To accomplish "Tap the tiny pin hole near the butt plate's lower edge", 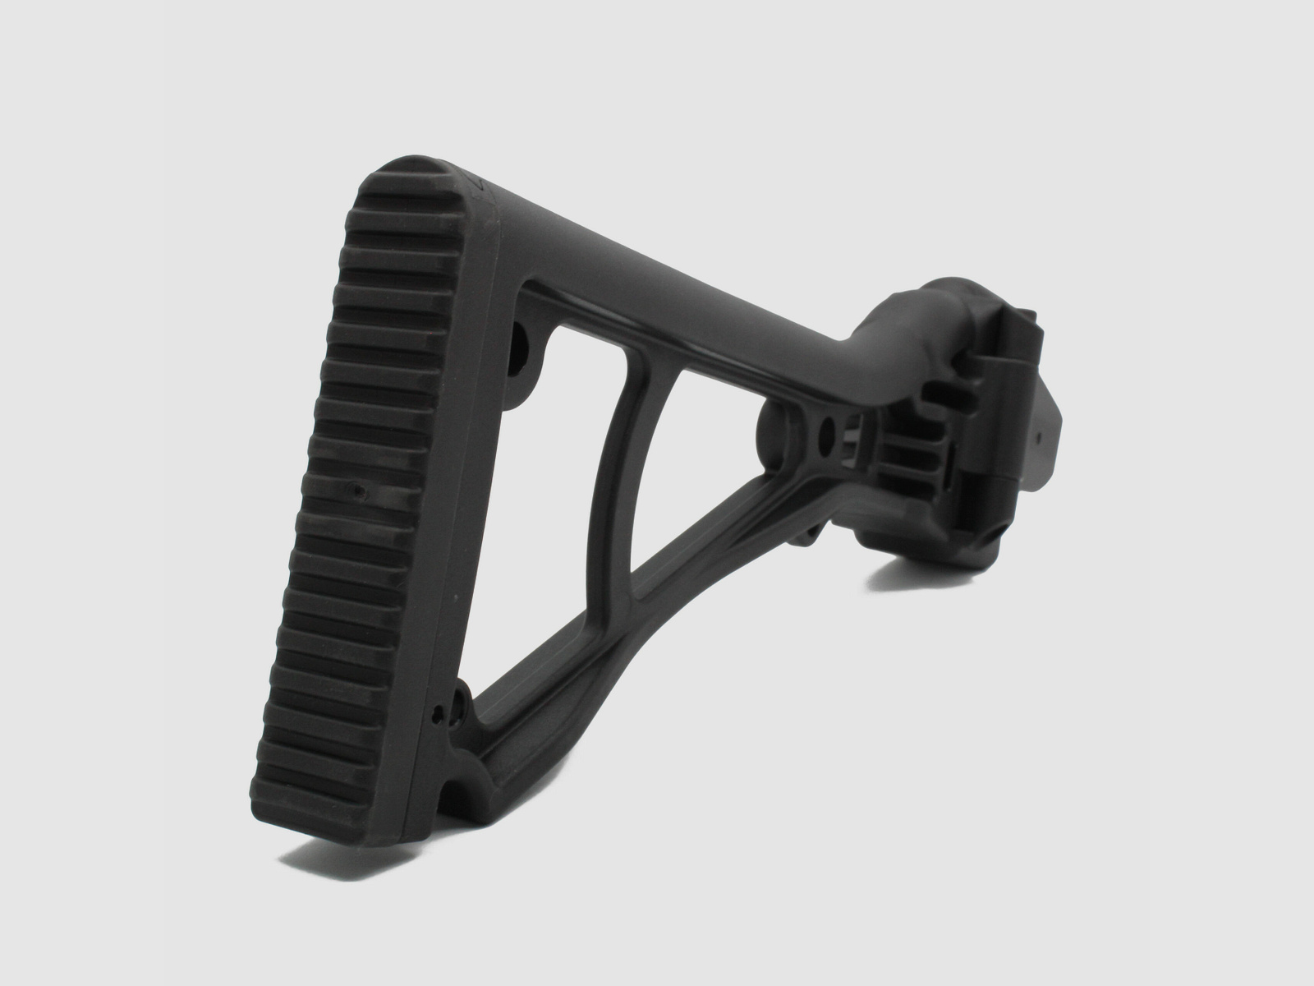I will pos(441,708).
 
